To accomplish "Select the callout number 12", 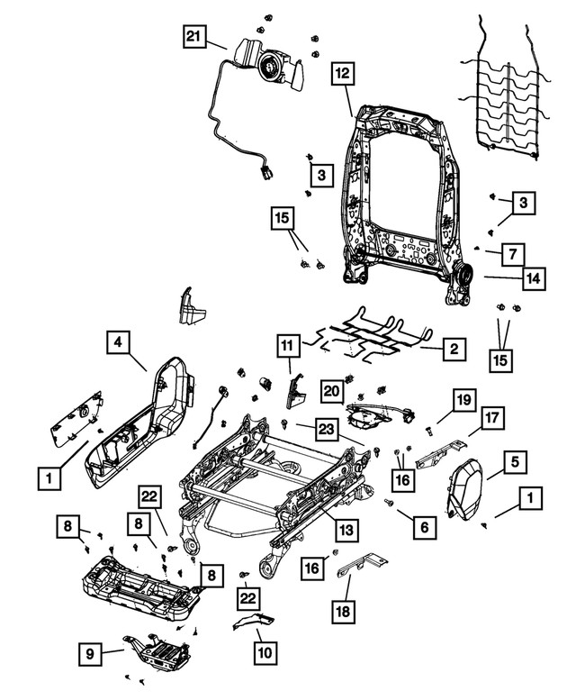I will click(343, 75).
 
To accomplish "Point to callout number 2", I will click(455, 348).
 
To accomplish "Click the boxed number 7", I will click(510, 255).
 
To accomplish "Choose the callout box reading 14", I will click(534, 280).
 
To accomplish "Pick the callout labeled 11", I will click(286, 346).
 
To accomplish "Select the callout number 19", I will click(462, 399).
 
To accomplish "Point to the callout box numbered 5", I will click(515, 463).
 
